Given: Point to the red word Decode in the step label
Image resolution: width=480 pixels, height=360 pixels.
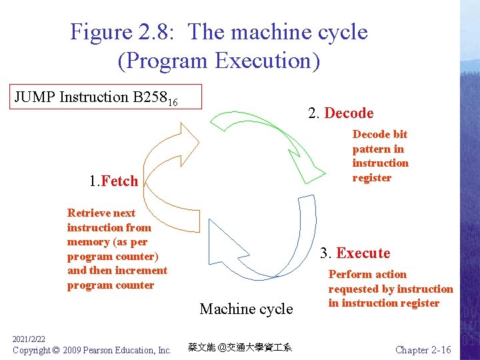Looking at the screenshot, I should [349, 113].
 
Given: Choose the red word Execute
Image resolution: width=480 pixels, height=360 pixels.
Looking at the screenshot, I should [363, 253].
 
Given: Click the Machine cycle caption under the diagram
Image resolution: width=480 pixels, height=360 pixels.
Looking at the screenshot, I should [246, 309].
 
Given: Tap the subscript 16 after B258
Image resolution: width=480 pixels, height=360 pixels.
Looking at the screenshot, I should [172, 102].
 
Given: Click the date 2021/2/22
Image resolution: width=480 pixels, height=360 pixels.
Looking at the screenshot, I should [28, 340].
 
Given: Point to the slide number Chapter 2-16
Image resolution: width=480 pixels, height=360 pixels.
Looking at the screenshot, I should [423, 350].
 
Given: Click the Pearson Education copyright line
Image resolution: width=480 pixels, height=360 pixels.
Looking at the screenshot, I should [92, 350].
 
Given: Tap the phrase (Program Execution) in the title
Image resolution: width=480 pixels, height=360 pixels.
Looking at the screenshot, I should [219, 61].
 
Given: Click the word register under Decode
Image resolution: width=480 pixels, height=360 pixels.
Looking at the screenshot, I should [371, 177].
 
